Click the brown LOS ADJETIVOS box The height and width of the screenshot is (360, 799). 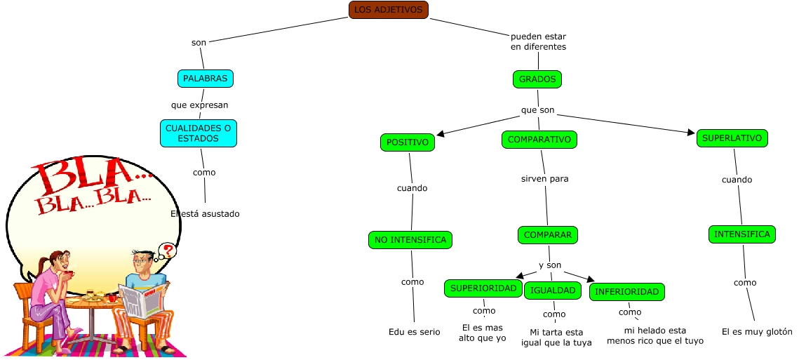[389, 10]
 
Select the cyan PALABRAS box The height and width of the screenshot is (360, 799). [206, 79]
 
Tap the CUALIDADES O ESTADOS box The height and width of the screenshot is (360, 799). [199, 133]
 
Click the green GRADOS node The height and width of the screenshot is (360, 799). [537, 79]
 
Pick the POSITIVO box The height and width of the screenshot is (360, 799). [408, 142]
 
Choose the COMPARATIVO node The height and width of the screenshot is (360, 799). [539, 140]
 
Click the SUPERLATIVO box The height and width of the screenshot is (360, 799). [732, 138]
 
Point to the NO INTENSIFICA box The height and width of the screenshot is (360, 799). [410, 240]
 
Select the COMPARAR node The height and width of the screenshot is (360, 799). [548, 235]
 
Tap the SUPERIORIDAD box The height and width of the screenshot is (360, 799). [483, 288]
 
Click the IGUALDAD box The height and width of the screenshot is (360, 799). [553, 291]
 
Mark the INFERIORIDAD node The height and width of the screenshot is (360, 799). [626, 292]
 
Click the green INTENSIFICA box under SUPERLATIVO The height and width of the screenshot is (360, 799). [742, 234]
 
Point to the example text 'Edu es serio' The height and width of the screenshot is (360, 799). [415, 332]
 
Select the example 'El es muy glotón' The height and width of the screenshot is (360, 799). [757, 331]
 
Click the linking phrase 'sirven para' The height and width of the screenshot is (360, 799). [545, 179]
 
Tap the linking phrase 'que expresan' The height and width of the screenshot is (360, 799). [199, 105]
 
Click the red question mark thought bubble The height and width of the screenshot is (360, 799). [168, 251]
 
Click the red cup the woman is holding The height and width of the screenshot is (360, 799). [69, 274]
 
